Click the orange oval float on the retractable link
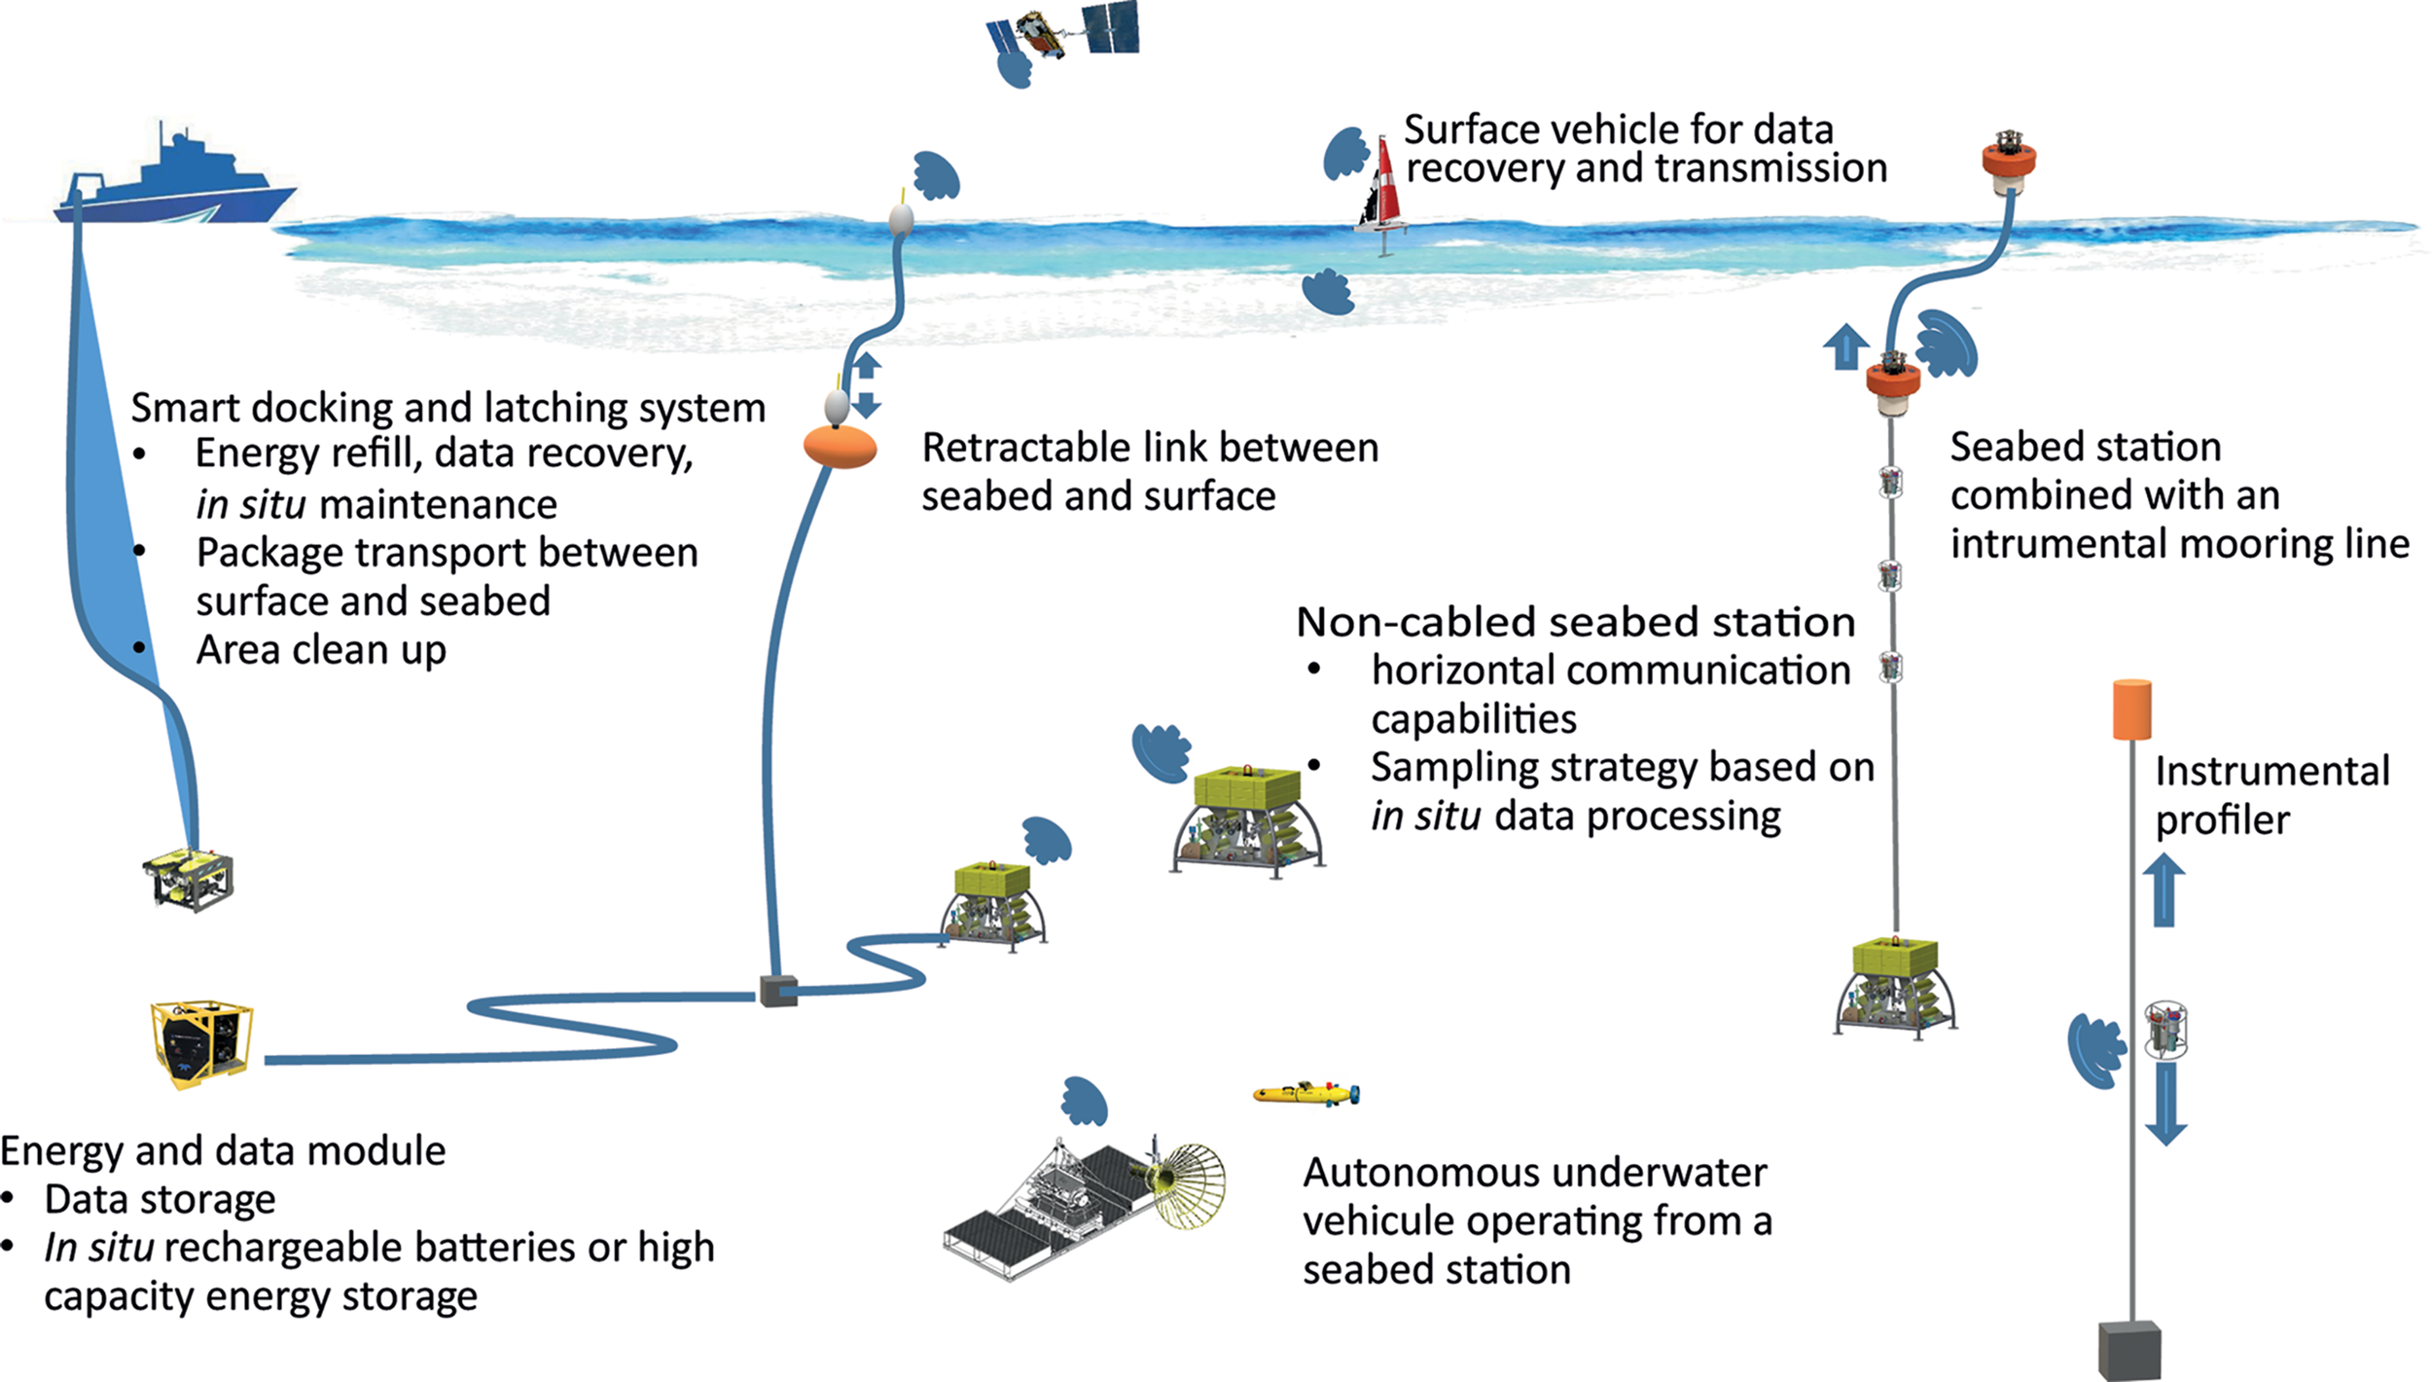click(840, 447)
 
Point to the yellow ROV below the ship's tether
click(189, 879)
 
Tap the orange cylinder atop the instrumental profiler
click(2131, 709)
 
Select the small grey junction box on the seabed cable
click(778, 991)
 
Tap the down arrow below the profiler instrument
click(2165, 1105)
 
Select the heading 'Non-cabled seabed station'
click(1575, 622)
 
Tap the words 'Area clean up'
click(321, 650)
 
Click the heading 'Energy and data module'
click(223, 1151)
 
